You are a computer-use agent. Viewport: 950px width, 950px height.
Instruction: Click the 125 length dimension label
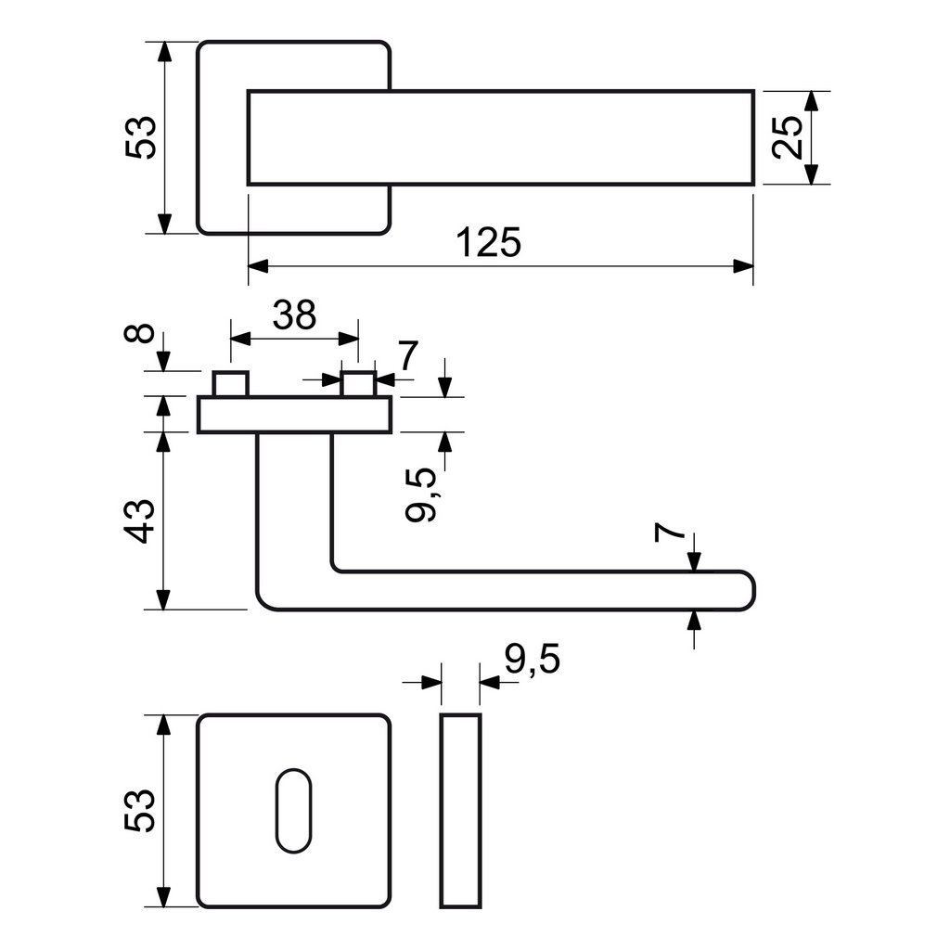488,242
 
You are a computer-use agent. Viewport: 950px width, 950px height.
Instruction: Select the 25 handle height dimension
788,137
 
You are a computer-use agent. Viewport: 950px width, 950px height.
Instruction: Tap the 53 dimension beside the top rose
141,137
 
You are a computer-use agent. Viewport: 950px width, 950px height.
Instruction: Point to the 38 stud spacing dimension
294,315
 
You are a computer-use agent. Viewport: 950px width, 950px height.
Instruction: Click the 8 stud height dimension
140,334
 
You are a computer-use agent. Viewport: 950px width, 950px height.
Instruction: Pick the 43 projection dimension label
140,521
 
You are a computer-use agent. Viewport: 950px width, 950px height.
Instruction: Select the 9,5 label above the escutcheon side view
533,660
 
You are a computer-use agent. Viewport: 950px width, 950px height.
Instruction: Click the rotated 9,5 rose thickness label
422,494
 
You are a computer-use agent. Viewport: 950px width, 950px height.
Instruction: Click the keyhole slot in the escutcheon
294,811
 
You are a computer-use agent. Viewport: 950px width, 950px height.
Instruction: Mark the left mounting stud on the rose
231,383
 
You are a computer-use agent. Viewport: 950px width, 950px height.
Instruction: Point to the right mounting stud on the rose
359,383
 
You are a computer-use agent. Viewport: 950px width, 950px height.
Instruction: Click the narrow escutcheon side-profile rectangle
460,811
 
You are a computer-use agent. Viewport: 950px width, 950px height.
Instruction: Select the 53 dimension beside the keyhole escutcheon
141,811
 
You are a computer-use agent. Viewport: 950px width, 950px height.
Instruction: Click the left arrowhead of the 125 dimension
258,266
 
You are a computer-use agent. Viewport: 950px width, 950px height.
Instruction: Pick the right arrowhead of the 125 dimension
743,266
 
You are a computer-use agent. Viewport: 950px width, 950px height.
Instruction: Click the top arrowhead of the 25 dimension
812,101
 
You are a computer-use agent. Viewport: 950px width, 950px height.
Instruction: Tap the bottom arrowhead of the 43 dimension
163,600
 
